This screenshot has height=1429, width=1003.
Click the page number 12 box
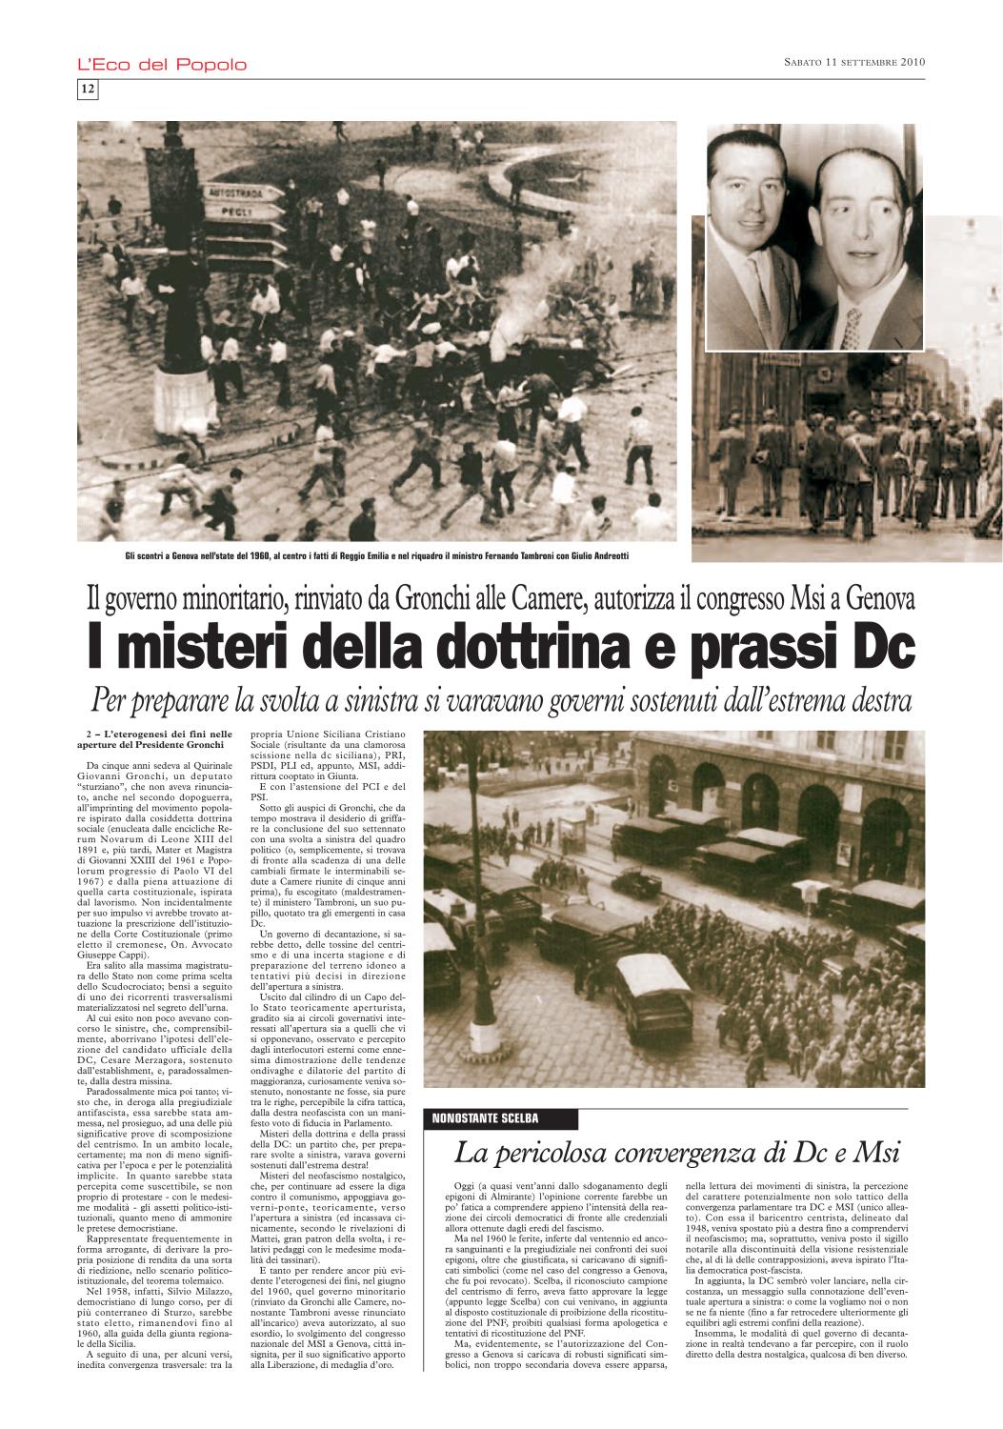(87, 89)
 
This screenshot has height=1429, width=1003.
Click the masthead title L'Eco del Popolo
(162, 65)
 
